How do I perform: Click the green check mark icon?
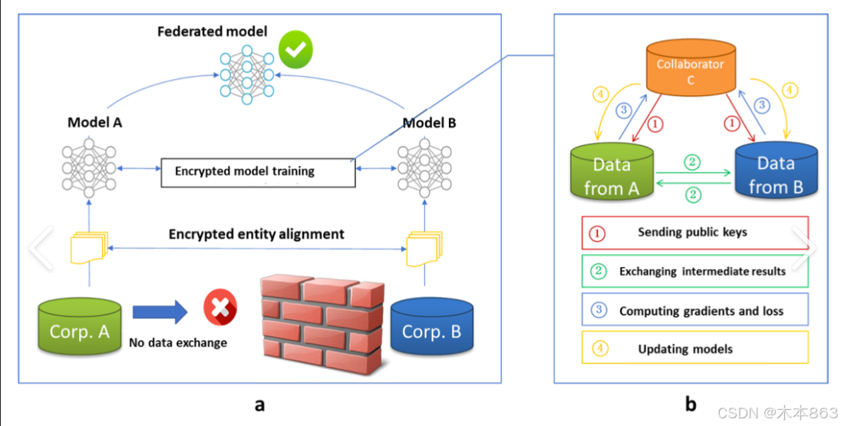(295, 49)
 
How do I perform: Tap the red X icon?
(220, 308)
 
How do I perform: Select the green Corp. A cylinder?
(79, 325)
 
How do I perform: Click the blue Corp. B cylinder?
(432, 325)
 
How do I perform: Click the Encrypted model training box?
(258, 172)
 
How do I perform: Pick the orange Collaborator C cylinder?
(691, 68)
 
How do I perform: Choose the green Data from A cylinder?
(612, 171)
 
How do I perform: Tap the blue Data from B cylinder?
(776, 170)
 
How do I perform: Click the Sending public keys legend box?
(694, 233)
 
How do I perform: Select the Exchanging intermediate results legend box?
(694, 271)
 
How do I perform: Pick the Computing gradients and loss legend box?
(694, 309)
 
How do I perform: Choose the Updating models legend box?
(694, 348)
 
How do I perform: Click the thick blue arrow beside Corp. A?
(160, 312)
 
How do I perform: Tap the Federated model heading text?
(213, 31)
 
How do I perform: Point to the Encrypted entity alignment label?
(256, 234)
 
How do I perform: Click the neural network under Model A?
(89, 168)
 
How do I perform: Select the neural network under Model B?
(424, 168)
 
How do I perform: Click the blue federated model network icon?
(247, 74)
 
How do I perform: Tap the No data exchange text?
(178, 343)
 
